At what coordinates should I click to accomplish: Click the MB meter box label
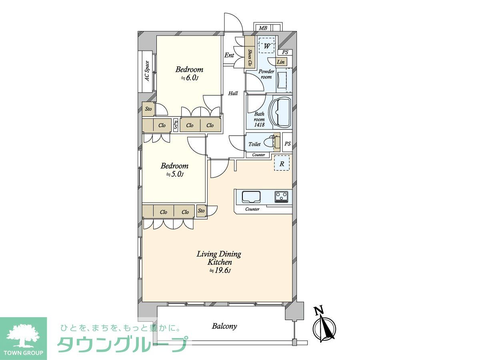tap(263, 28)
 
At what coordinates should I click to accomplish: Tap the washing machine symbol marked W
tap(266, 46)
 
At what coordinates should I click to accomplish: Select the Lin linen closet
tap(281, 62)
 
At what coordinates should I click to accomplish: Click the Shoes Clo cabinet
tap(250, 52)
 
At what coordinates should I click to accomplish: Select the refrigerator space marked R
tap(282, 163)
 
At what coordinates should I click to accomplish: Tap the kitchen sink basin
tap(251, 197)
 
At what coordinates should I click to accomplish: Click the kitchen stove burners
tap(282, 196)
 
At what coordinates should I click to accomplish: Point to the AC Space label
tap(147, 71)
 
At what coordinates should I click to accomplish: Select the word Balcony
tap(224, 326)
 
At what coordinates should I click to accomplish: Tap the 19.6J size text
tap(220, 271)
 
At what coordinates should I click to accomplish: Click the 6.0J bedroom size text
tap(189, 78)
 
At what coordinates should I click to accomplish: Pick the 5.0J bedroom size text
tap(175, 174)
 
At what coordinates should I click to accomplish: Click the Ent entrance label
tap(229, 55)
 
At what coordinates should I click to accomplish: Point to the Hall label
tap(233, 93)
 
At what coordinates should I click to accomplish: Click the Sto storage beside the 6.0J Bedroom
tap(148, 109)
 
